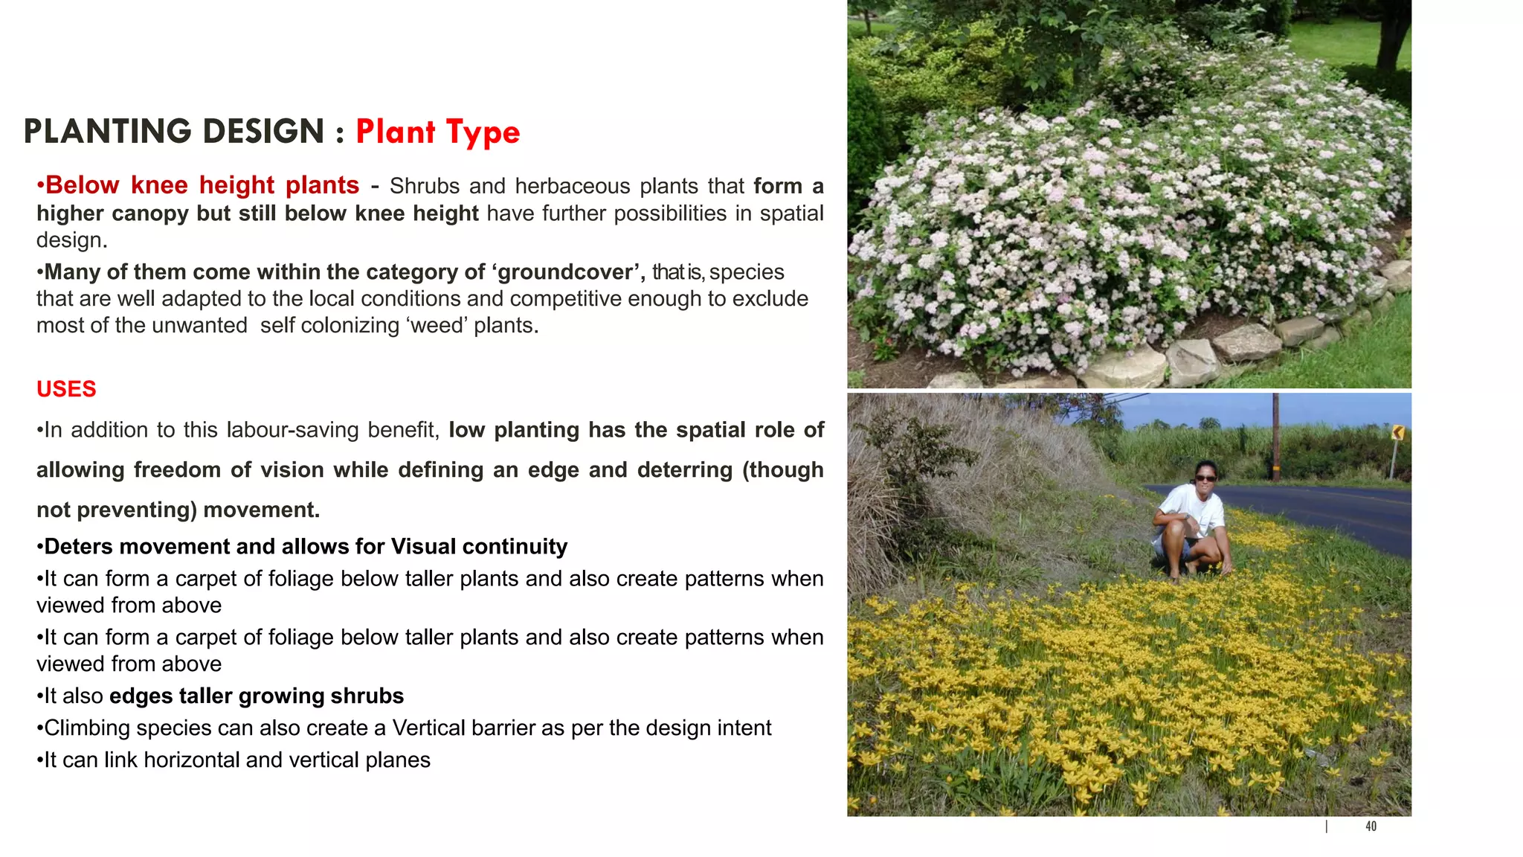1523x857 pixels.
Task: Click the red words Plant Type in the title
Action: [437, 132]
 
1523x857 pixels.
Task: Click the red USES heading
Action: [66, 389]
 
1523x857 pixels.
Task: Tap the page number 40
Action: [1371, 826]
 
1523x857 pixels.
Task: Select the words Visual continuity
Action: [479, 547]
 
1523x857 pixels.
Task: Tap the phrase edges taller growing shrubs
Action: [257, 696]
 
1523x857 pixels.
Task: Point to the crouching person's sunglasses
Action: [1205, 478]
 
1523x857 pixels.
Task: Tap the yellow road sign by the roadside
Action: [1397, 432]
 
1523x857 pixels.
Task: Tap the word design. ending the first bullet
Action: [71, 240]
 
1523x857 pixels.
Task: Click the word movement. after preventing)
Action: [261, 510]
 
